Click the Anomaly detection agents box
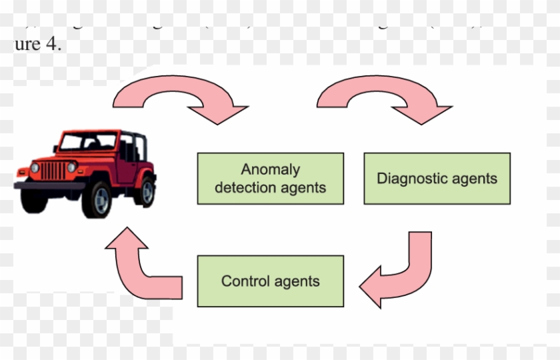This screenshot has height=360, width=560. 270,178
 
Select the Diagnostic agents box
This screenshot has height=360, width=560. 437,178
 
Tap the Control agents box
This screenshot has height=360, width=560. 270,281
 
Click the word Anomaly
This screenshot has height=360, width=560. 270,169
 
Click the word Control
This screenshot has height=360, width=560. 244,281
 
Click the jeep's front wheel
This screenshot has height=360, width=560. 97,198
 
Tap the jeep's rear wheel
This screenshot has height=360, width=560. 146,191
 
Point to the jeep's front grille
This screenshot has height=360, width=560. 53,170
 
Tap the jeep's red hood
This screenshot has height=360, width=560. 67,155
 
